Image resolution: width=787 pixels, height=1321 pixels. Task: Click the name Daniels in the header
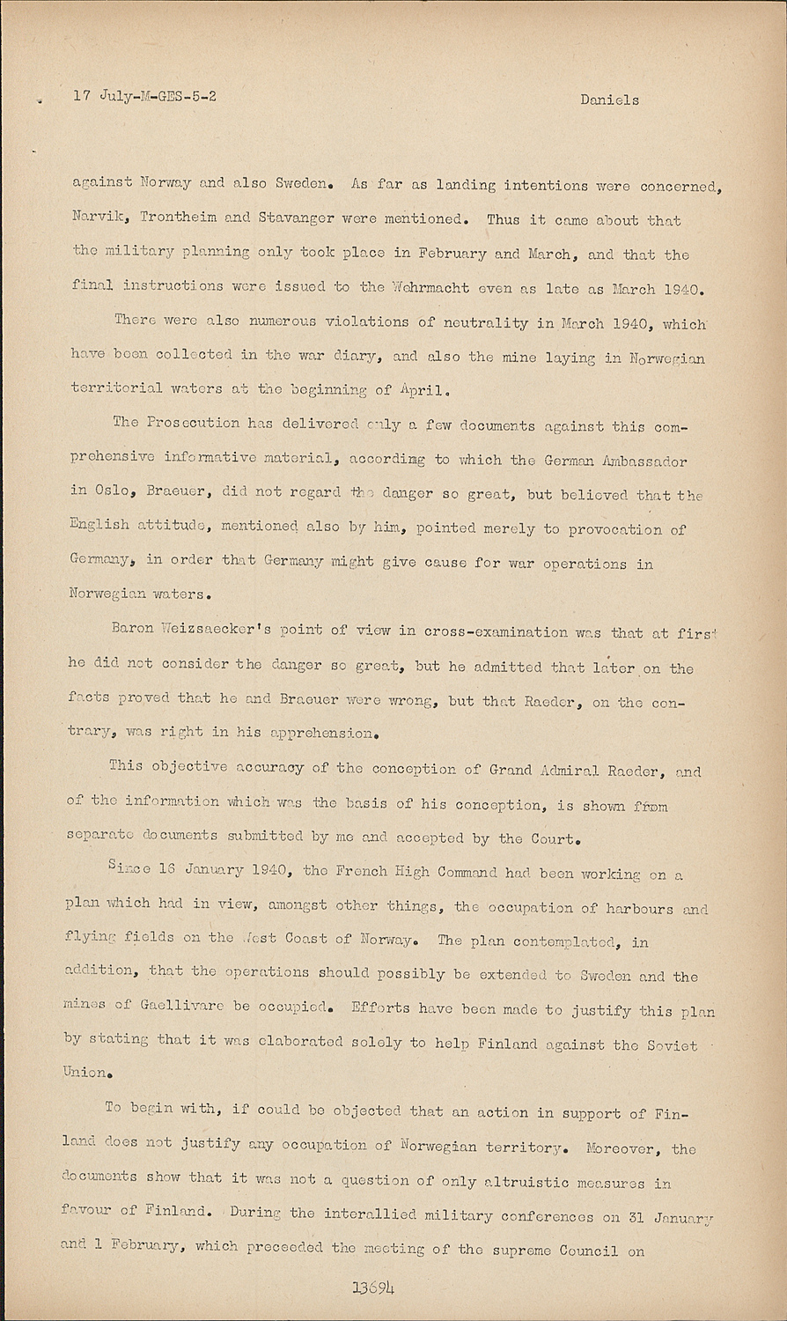coord(609,100)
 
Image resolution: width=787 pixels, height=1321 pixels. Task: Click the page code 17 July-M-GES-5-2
coord(145,96)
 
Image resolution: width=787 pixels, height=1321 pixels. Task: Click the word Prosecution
coord(189,423)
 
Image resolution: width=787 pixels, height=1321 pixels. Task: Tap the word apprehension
coord(325,732)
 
